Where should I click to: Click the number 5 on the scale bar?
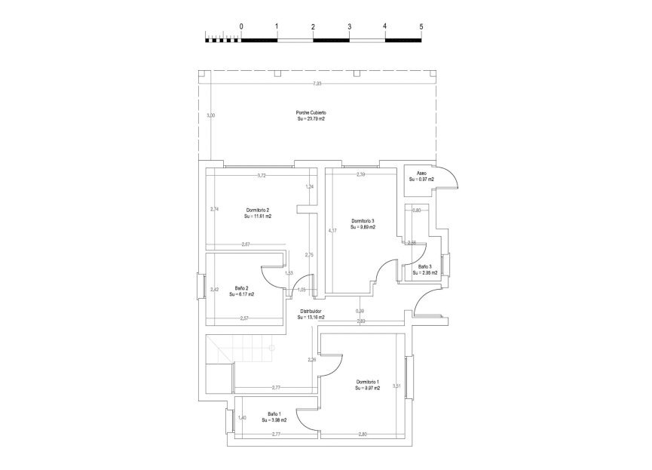[x=421, y=26]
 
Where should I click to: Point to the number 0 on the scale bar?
[x=241, y=26]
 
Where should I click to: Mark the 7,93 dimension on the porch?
[x=318, y=84]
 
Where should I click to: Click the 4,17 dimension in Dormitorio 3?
[x=331, y=230]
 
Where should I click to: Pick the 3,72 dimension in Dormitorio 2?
[x=262, y=176]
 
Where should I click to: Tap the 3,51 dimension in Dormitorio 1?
[x=396, y=386]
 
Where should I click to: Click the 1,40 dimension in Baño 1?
[x=242, y=418]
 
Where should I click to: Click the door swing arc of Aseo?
[x=454, y=175]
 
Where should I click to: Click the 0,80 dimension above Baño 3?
[x=416, y=210]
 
